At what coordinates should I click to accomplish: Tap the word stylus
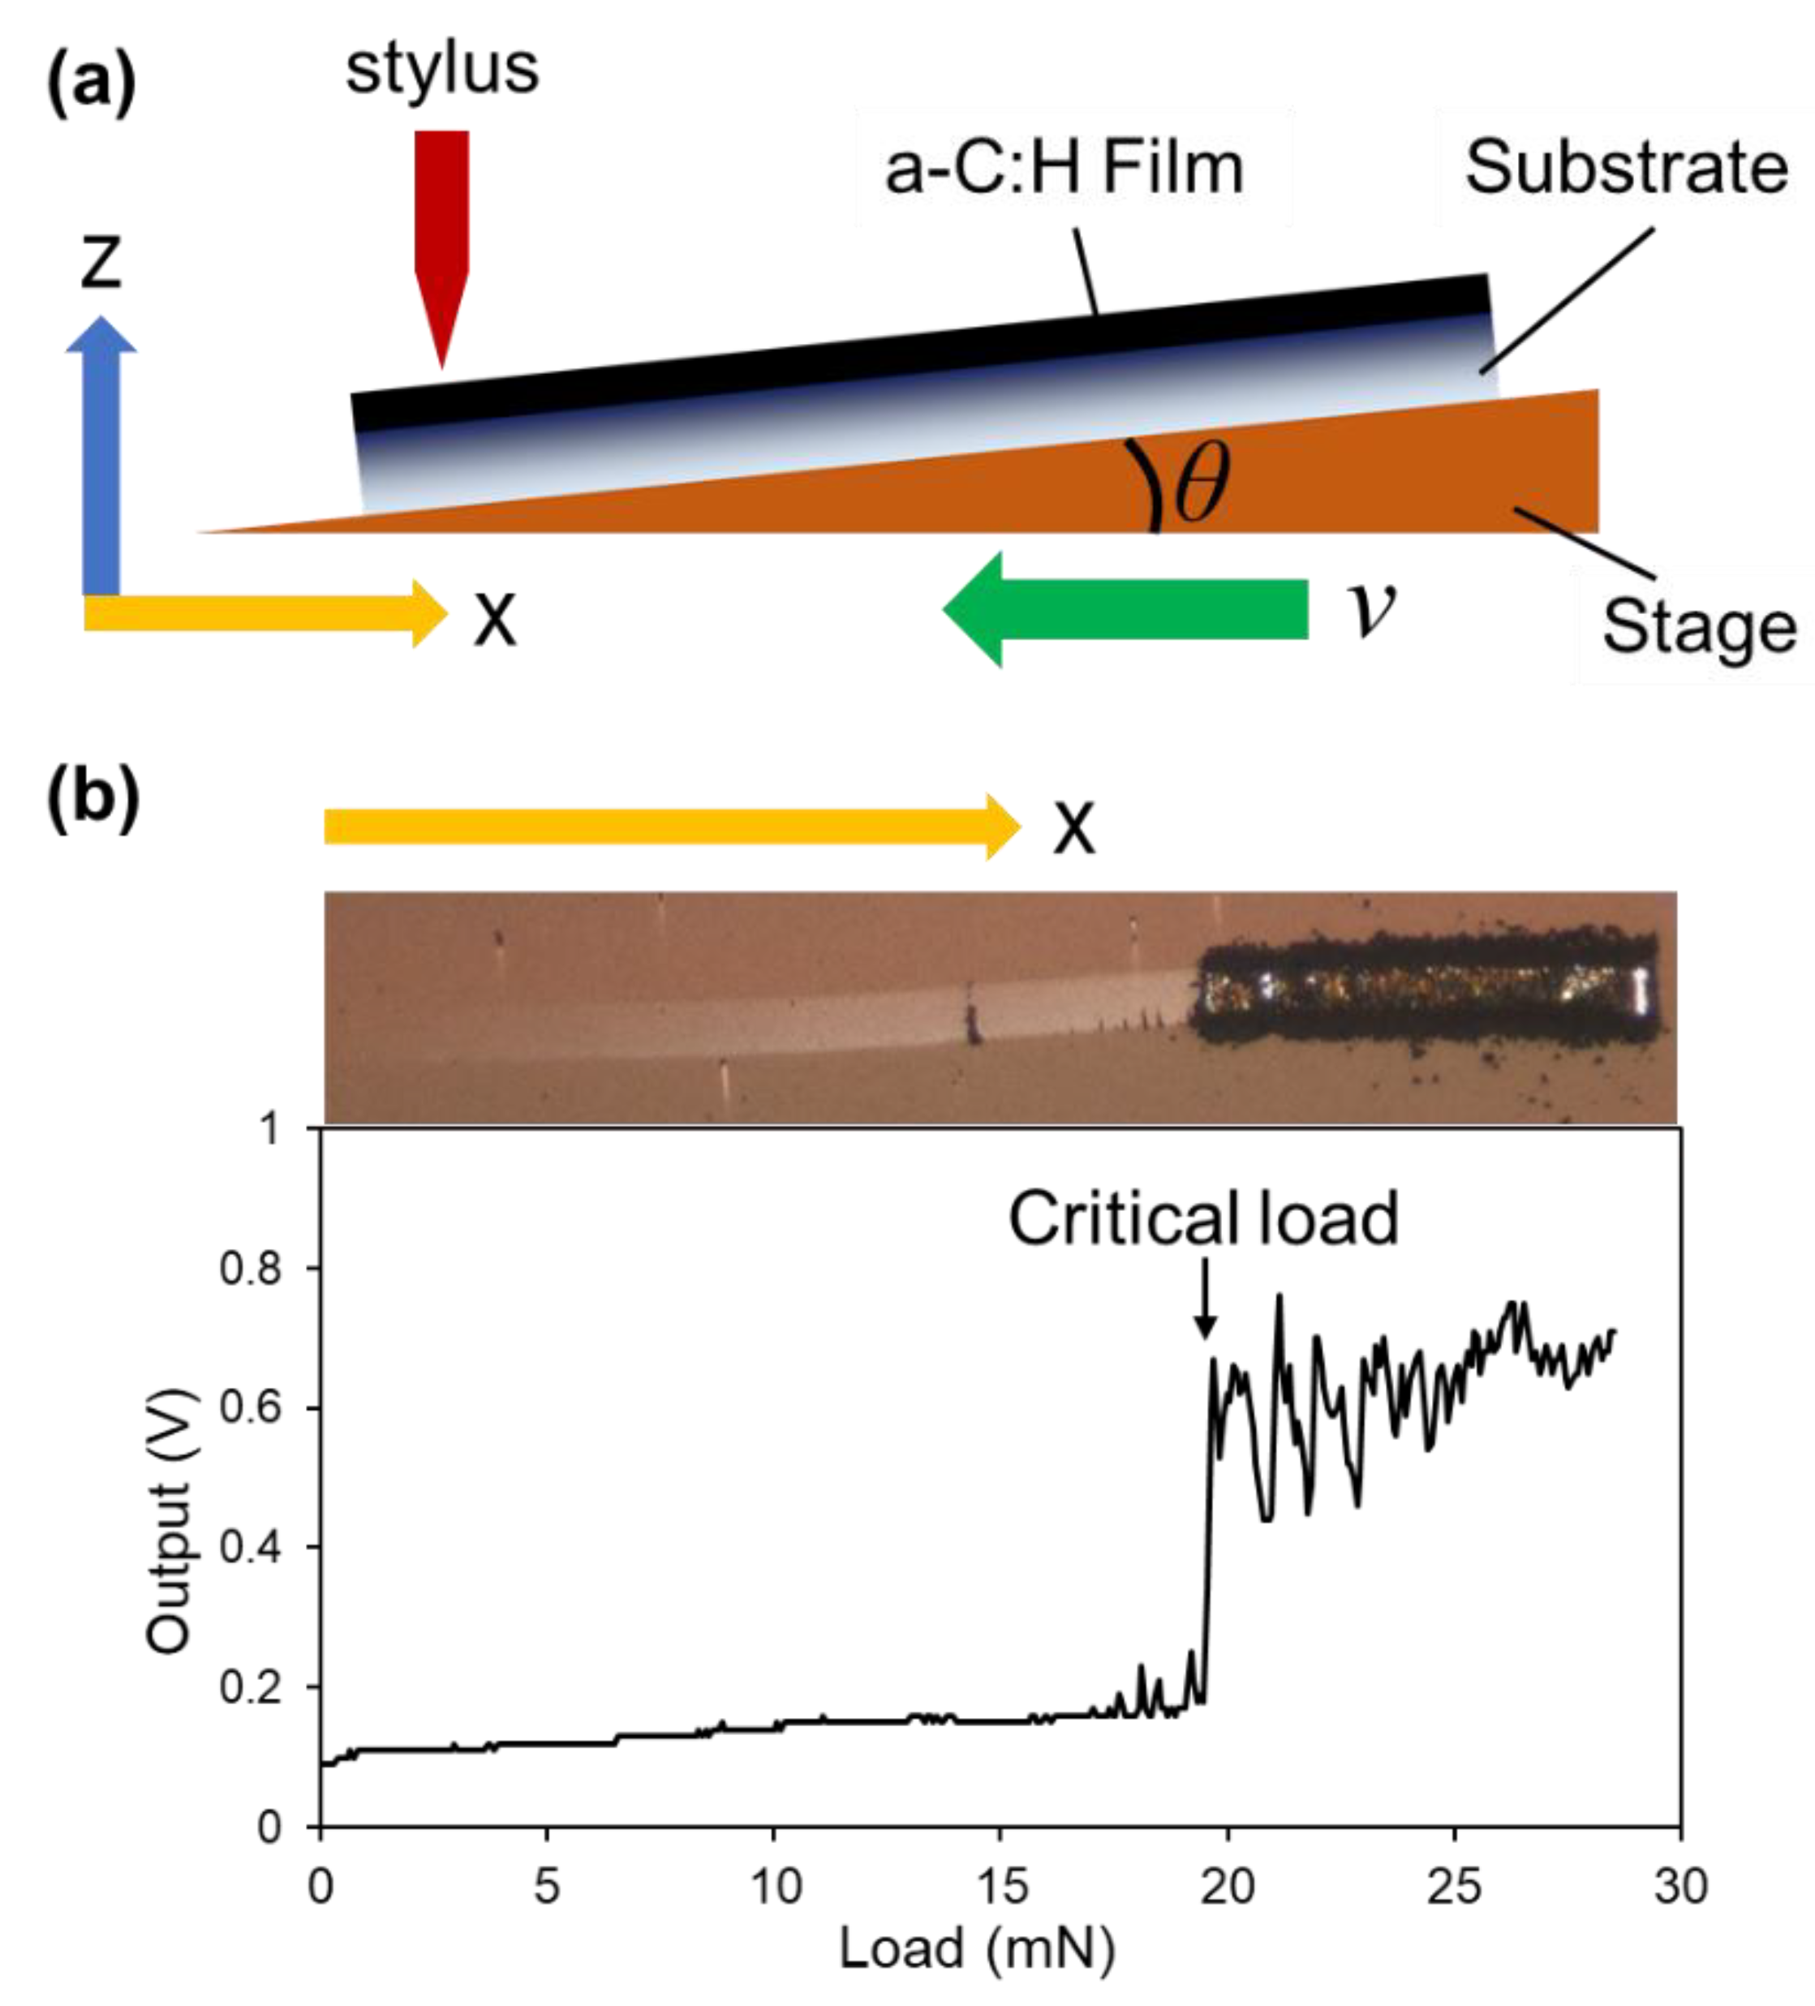coord(442,70)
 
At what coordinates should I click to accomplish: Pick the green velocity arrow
coord(1125,608)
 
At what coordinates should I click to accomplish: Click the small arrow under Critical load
coord(1205,1299)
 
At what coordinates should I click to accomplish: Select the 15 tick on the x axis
coord(1000,1887)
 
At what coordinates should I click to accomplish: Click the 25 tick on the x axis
coord(1454,1887)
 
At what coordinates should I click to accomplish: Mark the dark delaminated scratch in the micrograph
coord(1425,990)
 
